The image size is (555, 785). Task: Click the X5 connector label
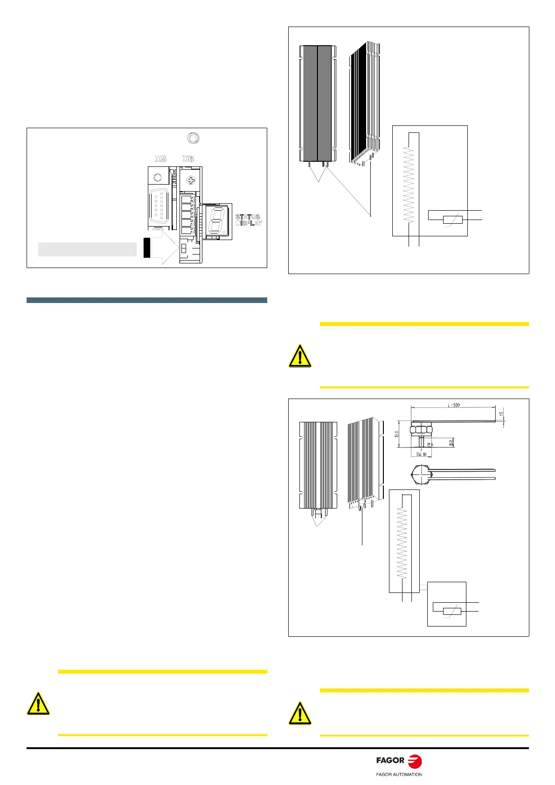pos(161,159)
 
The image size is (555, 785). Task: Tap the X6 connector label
pos(188,159)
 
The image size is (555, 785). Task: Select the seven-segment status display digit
pos(216,220)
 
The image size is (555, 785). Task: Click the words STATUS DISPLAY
pos(248,220)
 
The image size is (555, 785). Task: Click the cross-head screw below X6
pos(190,180)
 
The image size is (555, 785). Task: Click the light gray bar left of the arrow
pos(87,249)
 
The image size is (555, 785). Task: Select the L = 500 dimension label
pos(454,405)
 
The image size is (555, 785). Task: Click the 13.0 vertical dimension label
pos(396,434)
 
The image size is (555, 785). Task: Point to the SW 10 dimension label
pos(421,454)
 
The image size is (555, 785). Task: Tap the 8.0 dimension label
pos(451,441)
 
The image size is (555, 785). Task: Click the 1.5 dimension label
pos(501,414)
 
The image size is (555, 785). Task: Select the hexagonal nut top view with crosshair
pos(423,473)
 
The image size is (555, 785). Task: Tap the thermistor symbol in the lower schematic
pos(451,612)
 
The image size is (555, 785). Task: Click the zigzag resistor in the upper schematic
pos(409,184)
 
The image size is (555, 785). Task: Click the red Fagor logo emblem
pos(414,761)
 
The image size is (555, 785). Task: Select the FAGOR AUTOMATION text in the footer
pos(399,775)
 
